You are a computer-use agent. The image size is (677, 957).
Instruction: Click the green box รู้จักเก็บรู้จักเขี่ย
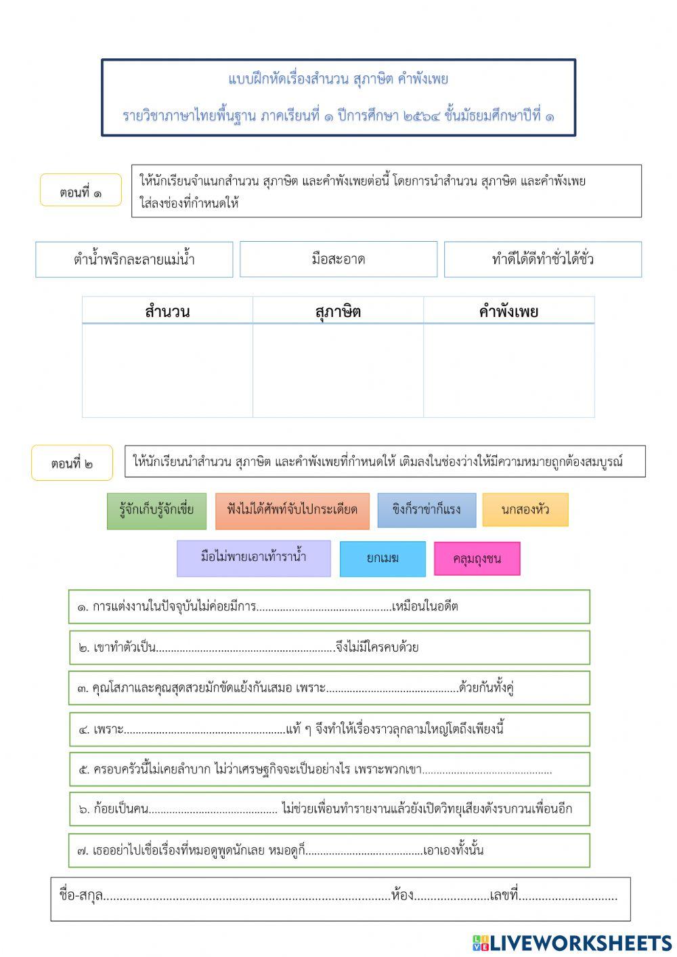click(156, 511)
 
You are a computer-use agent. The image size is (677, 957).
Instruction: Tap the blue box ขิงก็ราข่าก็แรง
click(427, 510)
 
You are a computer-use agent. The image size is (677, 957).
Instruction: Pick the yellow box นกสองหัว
click(525, 510)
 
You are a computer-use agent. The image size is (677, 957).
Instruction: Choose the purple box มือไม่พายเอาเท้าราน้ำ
click(254, 558)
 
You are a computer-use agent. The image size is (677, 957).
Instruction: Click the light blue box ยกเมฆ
click(383, 559)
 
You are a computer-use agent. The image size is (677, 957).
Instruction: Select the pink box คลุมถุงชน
click(477, 559)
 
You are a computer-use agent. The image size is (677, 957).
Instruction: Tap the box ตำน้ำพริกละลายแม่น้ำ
click(134, 259)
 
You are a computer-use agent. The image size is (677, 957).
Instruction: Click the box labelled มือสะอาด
click(338, 259)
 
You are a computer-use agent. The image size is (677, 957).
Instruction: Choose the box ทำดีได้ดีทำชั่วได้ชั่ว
click(543, 259)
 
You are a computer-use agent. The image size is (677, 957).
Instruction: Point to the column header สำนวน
click(167, 312)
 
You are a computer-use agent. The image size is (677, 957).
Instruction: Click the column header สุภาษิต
click(338, 312)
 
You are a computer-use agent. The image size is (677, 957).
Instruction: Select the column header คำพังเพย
click(508, 312)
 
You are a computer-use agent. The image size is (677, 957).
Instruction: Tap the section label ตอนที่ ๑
click(81, 192)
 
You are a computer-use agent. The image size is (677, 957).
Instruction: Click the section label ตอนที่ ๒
click(72, 464)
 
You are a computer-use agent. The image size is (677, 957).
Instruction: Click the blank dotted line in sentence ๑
click(324, 607)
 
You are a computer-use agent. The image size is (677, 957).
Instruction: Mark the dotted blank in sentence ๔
click(204, 730)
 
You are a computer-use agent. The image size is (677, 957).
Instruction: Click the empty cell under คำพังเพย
click(508, 370)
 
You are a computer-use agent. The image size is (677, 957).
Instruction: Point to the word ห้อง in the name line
click(402, 895)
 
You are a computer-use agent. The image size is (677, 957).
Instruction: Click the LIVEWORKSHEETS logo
click(572, 943)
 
